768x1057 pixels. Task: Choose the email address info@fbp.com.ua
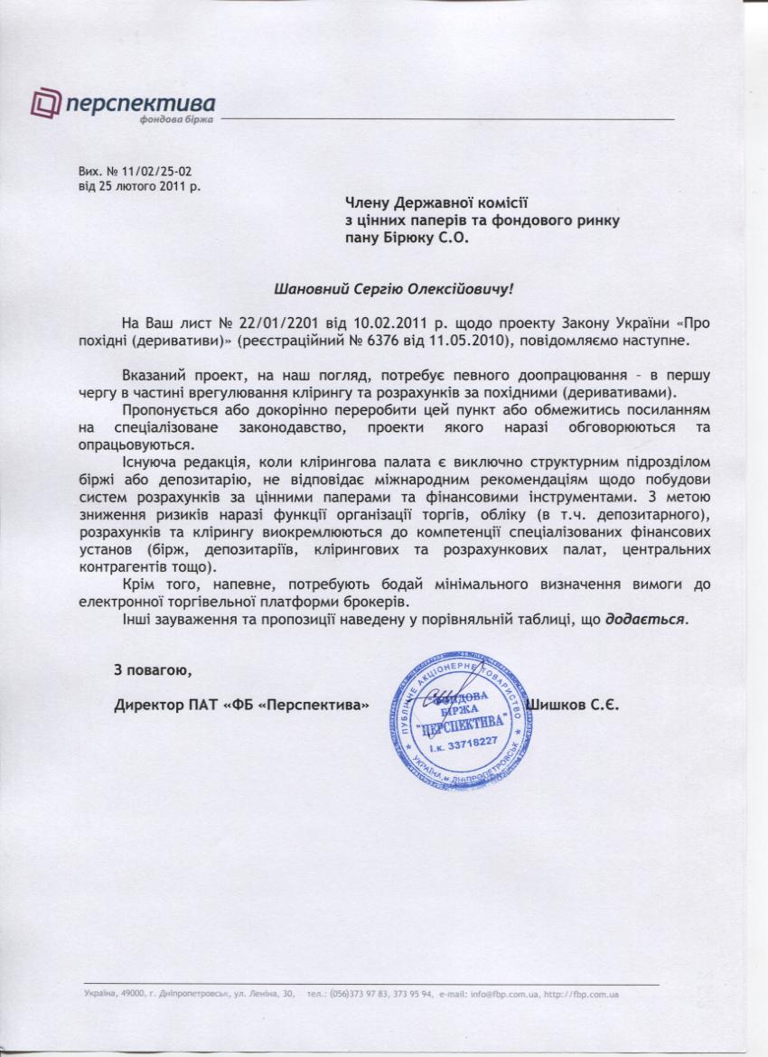(x=501, y=996)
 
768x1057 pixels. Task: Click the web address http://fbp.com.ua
(x=583, y=996)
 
